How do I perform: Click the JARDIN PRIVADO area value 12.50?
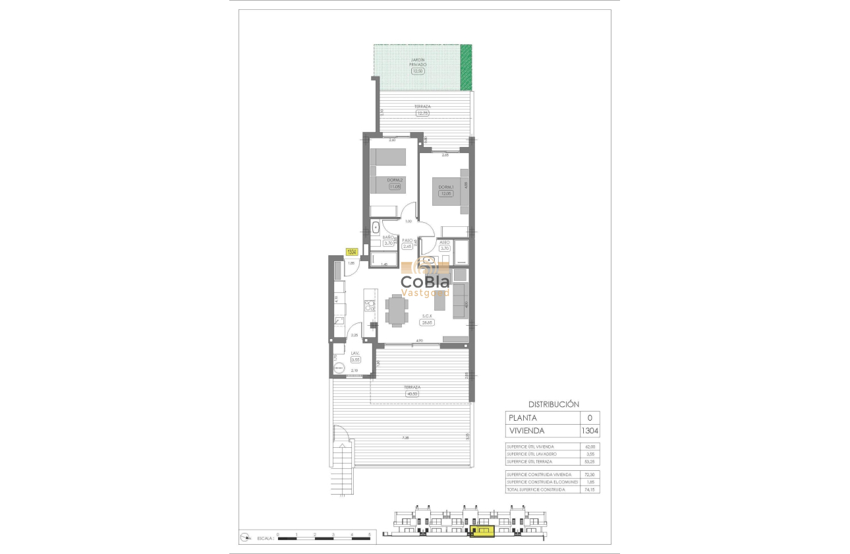point(418,71)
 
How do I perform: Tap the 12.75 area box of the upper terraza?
point(422,113)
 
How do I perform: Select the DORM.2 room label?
point(395,180)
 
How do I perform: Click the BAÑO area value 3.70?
point(388,243)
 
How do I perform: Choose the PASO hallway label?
point(407,240)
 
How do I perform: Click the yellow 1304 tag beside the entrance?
point(352,252)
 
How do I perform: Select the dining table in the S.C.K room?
point(396,311)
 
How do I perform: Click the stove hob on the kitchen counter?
point(370,305)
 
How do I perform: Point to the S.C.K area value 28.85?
point(426,323)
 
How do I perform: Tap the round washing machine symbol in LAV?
point(339,367)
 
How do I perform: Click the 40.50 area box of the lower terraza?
point(412,394)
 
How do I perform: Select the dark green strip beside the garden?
point(467,67)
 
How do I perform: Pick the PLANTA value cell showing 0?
point(590,417)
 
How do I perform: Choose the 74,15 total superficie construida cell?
point(590,490)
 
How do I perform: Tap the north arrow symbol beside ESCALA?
point(246,536)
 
